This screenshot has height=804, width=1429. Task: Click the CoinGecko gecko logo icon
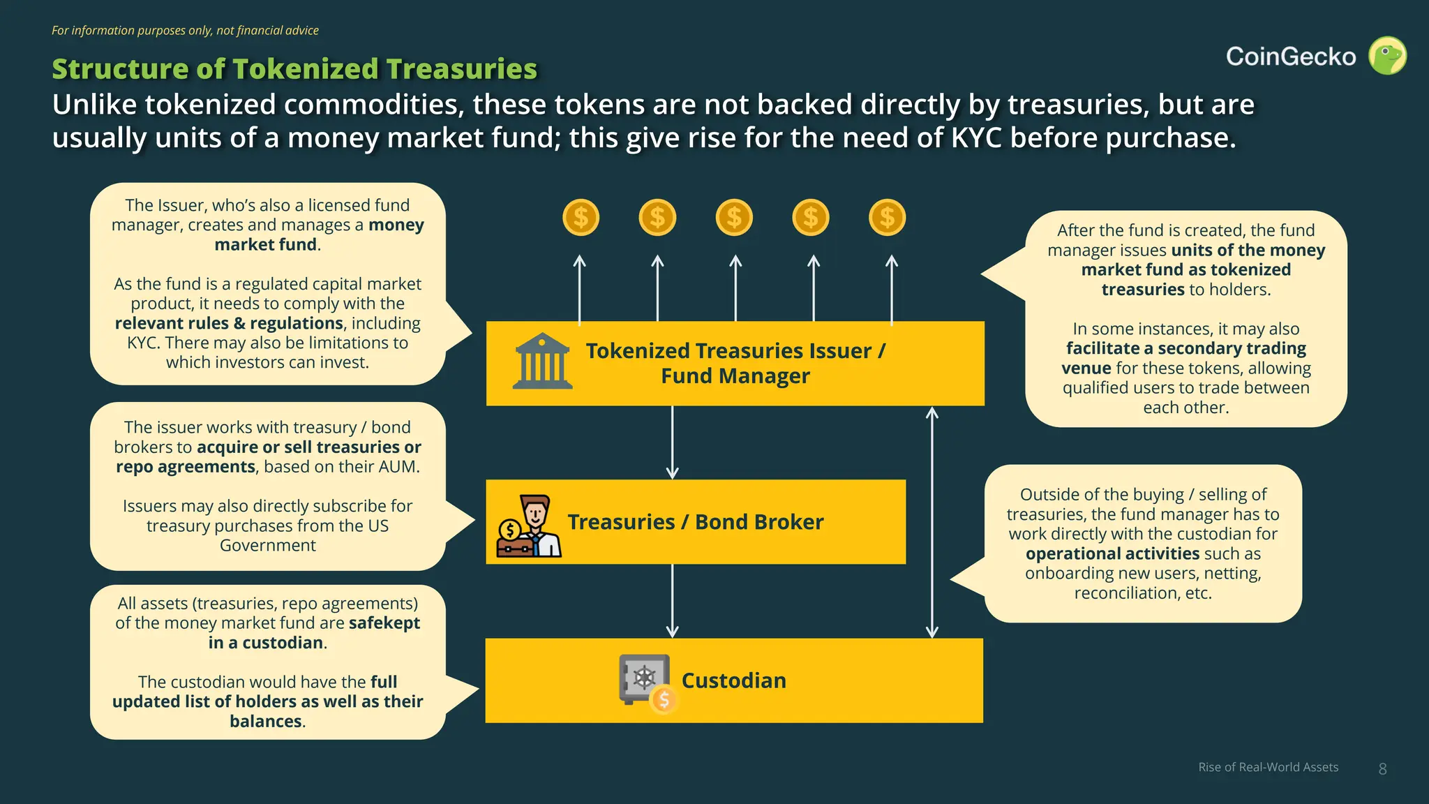point(1387,56)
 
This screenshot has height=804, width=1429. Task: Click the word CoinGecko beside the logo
point(1291,57)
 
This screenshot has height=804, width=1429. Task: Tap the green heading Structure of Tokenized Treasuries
point(294,68)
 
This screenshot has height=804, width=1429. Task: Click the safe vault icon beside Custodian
point(646,681)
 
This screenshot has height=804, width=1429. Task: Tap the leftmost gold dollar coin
point(581,218)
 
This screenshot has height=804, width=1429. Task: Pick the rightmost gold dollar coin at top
point(887,218)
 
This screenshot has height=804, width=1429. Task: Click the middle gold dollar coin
point(734,218)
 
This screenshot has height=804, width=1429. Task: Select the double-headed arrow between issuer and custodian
point(932,522)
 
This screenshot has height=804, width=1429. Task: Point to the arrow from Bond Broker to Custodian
point(672,600)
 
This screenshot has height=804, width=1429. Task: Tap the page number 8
point(1382,768)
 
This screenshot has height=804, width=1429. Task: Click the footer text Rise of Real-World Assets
point(1268,767)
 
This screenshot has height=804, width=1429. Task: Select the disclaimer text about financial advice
point(185,31)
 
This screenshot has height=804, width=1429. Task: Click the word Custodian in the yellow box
point(733,680)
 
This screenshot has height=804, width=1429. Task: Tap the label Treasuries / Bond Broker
point(695,522)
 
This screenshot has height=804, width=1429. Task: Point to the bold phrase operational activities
point(1112,553)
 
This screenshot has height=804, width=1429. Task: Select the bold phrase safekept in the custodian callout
point(384,623)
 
